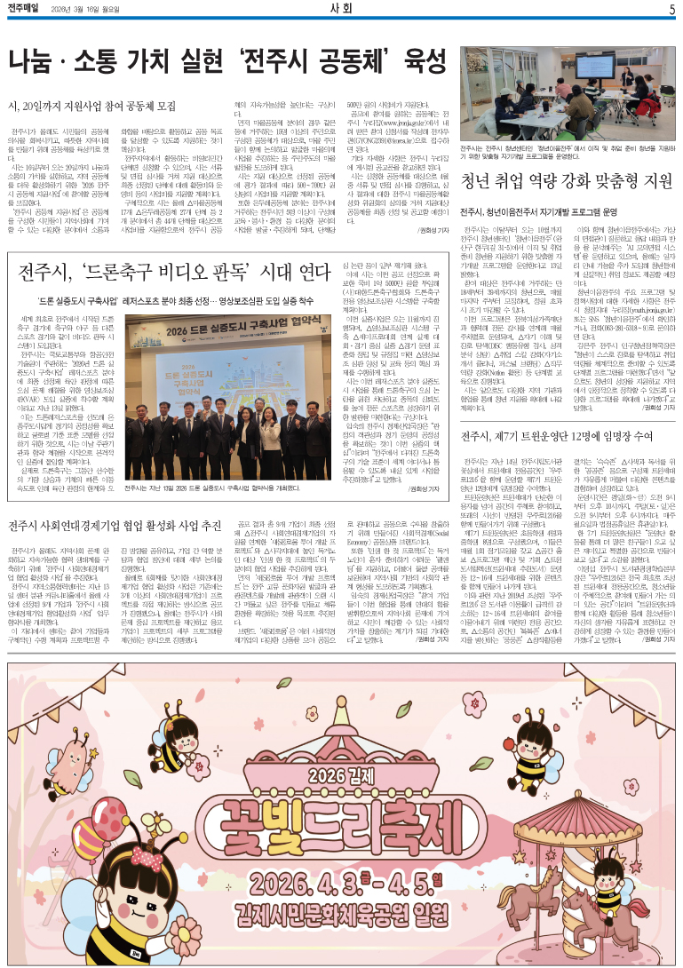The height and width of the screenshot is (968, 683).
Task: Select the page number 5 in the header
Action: pyautogui.click(x=671, y=9)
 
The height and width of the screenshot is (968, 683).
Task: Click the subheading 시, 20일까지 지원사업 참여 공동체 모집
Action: pyautogui.click(x=91, y=106)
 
